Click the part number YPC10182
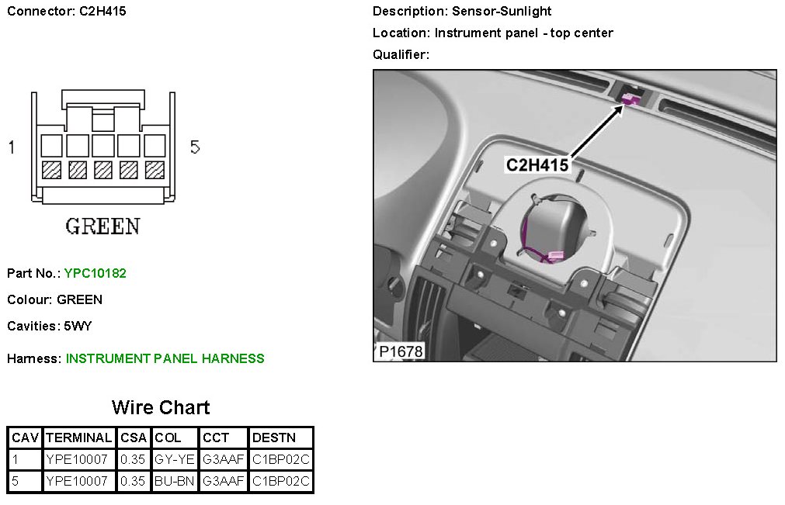click(95, 273)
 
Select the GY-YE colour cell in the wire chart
click(174, 459)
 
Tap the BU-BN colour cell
click(174, 482)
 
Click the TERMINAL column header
click(78, 438)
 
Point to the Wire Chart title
click(161, 407)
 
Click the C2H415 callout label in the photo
click(537, 164)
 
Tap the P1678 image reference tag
click(401, 351)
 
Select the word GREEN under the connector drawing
click(102, 227)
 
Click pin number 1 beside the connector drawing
click(12, 147)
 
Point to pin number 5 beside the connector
click(195, 147)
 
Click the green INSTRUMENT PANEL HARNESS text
click(165, 358)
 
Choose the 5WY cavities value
click(78, 326)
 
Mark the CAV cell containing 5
click(16, 482)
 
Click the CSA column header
click(133, 438)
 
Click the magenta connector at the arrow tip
click(631, 98)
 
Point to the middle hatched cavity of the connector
click(102, 169)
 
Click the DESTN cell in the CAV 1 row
click(281, 459)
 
